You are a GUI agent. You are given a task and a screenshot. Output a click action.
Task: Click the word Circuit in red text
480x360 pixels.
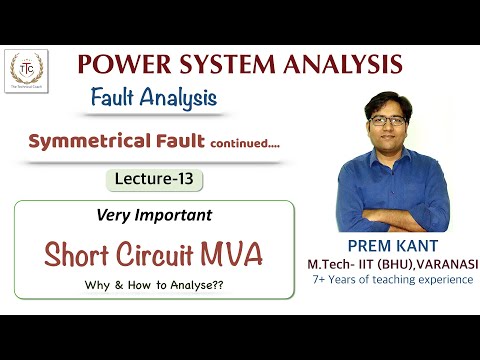(x=160, y=255)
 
